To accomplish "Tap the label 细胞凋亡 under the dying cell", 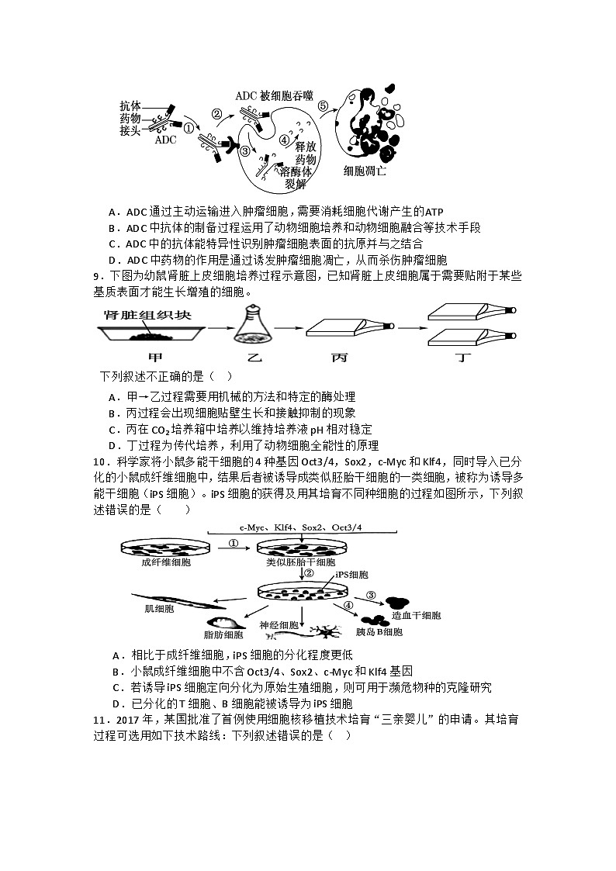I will [364, 170].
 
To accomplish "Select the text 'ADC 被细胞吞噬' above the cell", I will [275, 95].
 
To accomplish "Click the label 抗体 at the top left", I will [130, 105].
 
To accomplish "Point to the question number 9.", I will [96, 276].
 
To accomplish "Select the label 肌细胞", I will [160, 609].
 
